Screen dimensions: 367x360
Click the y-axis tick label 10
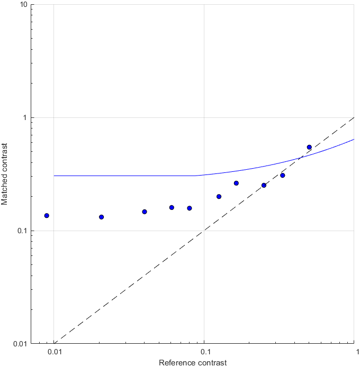[23, 5]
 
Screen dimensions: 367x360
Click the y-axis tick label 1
[25, 117]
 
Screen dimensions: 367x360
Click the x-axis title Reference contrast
[193, 362]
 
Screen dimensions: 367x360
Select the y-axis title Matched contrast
[5, 174]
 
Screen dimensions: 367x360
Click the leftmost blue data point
[47, 215]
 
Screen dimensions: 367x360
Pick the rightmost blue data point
[309, 147]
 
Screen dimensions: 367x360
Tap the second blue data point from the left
[102, 217]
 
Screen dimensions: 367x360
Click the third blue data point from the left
[145, 212]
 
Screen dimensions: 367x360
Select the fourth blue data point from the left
[172, 207]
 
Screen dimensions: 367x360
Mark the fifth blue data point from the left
[189, 208]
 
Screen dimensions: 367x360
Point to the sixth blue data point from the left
[219, 196]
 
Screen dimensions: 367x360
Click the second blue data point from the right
[283, 175]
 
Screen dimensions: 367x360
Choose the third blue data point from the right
[264, 185]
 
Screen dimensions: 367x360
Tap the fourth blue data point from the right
[236, 183]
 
